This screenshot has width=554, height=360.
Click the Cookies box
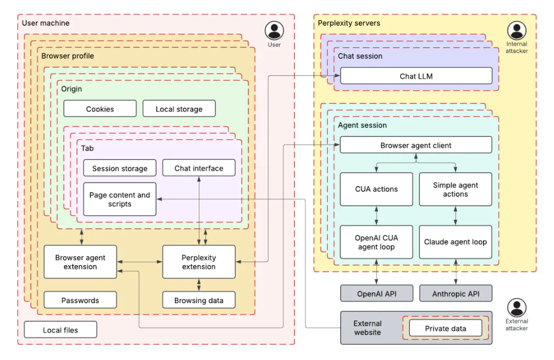pyautogui.click(x=100, y=109)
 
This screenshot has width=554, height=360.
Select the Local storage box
pyautogui.click(x=179, y=109)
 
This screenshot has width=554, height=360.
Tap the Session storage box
pyautogui.click(x=120, y=168)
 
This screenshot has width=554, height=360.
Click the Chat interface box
pyautogui.click(x=199, y=168)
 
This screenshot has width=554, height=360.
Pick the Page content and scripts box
pyautogui.click(x=120, y=199)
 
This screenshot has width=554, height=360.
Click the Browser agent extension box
pyautogui.click(x=80, y=262)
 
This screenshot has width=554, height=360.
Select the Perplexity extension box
pyautogui.click(x=199, y=262)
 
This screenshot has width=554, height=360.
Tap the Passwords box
pyautogui.click(x=80, y=301)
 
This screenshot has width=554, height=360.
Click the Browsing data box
pyautogui.click(x=199, y=301)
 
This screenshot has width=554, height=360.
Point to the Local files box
pyautogui.click(x=61, y=330)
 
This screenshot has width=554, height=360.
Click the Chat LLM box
pyautogui.click(x=416, y=76)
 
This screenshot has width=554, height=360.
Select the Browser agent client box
pyautogui.click(x=416, y=145)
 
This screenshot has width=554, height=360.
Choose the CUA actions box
pyautogui.click(x=377, y=189)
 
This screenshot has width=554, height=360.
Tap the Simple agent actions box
pyautogui.click(x=456, y=189)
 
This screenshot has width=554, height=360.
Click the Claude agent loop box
pyautogui.click(x=456, y=242)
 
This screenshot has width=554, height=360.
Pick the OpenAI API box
pyautogui.click(x=377, y=294)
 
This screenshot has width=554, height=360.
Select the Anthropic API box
pyautogui.click(x=456, y=294)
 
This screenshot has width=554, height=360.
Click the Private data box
pyautogui.click(x=445, y=328)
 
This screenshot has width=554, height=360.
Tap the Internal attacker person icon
pyautogui.click(x=517, y=31)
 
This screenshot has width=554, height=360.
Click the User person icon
pyautogui.click(x=274, y=30)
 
